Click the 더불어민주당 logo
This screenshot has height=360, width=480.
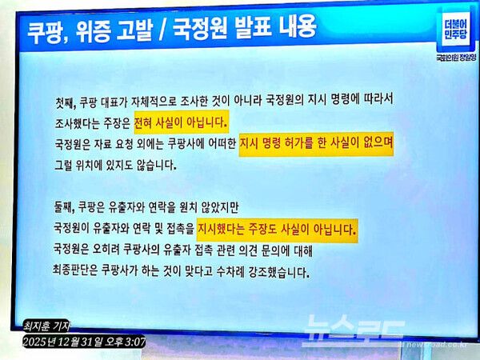coord(457,33)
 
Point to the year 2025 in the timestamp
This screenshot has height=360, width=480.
coord(37,342)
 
